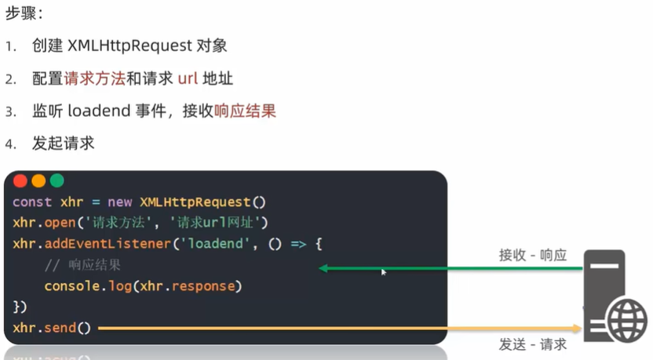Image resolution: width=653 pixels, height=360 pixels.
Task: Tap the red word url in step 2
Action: pos(182,79)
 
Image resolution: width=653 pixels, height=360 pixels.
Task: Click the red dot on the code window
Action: pos(20,181)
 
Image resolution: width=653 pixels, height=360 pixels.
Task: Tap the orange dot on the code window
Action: pos(38,181)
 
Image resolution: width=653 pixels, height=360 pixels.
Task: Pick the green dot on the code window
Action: pos(57,181)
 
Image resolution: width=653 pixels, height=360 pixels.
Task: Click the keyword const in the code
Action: pos(32,202)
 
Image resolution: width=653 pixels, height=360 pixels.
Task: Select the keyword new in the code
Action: pos(120,202)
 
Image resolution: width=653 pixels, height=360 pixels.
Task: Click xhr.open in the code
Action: pos(43,223)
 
